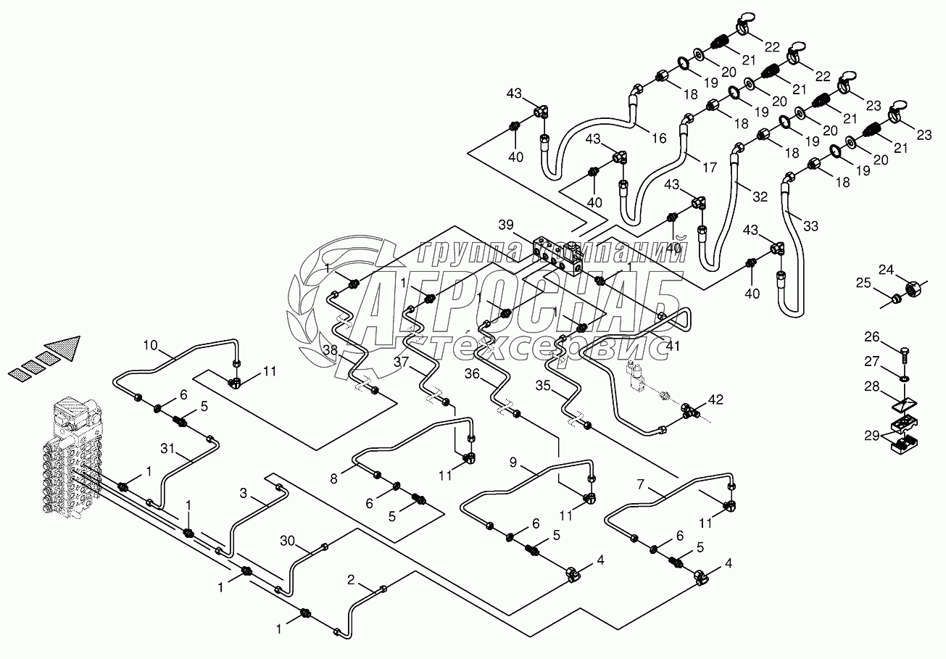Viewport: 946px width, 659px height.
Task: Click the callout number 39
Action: (507, 225)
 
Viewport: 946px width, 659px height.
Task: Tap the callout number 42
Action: (715, 399)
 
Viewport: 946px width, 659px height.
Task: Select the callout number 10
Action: (150, 345)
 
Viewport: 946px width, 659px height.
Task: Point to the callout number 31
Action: (167, 448)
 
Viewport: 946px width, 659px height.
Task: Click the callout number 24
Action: (887, 269)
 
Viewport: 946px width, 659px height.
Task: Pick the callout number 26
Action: (871, 336)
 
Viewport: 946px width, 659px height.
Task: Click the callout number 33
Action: (810, 226)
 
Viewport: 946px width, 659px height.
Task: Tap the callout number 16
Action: (659, 138)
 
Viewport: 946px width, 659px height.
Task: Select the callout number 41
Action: (673, 346)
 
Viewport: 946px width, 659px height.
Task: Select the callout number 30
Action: (287, 540)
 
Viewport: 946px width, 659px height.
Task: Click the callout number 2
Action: (351, 580)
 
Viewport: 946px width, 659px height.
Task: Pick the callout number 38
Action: (331, 349)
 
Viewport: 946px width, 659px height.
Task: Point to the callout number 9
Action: (513, 463)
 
